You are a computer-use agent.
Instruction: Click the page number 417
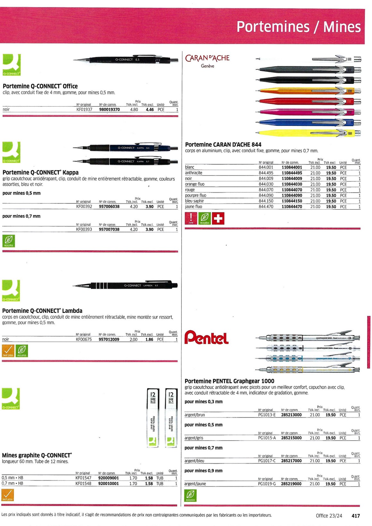pyautogui.click(x=356, y=516)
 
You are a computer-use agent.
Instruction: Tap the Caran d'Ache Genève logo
pyautogui.click(x=207, y=61)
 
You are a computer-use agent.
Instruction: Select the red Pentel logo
pyautogui.click(x=207, y=338)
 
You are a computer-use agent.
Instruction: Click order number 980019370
pyautogui.click(x=109, y=109)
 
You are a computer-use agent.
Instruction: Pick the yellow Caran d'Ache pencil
pyautogui.click(x=308, y=133)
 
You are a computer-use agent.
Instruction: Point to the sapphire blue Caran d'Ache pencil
pyautogui.click(x=308, y=123)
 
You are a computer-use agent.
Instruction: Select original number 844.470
pyautogui.click(x=266, y=207)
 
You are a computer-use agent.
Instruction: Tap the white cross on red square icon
pyautogui.click(x=218, y=218)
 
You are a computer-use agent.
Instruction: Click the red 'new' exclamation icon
pyautogui.click(x=191, y=218)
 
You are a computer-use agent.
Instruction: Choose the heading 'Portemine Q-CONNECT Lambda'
pyautogui.click(x=42, y=311)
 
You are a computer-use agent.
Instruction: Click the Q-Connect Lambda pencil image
pyautogui.click(x=125, y=285)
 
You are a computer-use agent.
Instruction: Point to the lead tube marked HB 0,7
pyautogui.click(x=171, y=418)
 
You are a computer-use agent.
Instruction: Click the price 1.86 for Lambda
pyautogui.click(x=149, y=339)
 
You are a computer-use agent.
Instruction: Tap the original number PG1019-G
pyautogui.click(x=267, y=484)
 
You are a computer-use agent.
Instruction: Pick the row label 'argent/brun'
pyautogui.click(x=195, y=415)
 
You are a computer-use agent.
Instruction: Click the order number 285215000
pyautogui.click(x=291, y=438)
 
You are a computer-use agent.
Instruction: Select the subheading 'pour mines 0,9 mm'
pyautogui.click(x=203, y=471)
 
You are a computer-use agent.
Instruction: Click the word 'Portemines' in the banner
pyautogui.click(x=273, y=27)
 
